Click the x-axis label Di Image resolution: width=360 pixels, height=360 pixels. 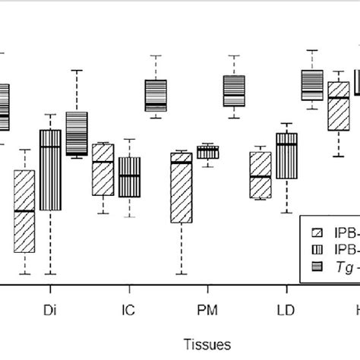50,311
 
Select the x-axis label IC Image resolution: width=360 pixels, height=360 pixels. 129,311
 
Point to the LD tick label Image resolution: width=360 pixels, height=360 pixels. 286,311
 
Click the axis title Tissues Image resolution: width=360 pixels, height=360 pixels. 207,344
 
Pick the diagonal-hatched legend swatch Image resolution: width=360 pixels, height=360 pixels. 318,232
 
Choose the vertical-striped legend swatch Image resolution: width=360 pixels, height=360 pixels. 318,248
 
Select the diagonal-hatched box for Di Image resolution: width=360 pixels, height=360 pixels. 24,211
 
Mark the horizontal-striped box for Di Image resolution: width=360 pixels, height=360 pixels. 77,134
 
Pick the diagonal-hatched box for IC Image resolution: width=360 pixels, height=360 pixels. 103,169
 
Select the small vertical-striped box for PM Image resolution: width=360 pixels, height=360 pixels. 207,152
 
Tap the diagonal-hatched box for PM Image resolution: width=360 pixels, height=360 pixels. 181,188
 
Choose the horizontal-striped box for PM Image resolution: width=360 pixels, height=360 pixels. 234,91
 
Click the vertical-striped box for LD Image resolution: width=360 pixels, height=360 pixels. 286,156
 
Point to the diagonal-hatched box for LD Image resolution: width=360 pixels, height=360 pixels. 261,175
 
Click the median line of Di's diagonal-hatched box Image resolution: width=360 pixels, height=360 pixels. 24,210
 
